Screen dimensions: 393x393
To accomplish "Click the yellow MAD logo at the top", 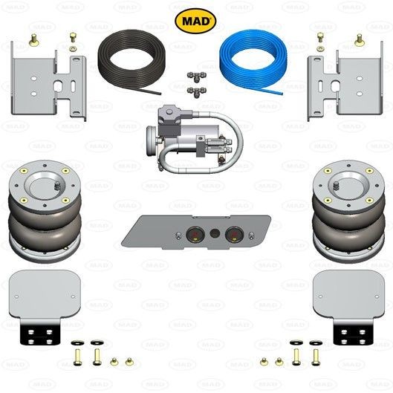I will pyautogui.click(x=195, y=20).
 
